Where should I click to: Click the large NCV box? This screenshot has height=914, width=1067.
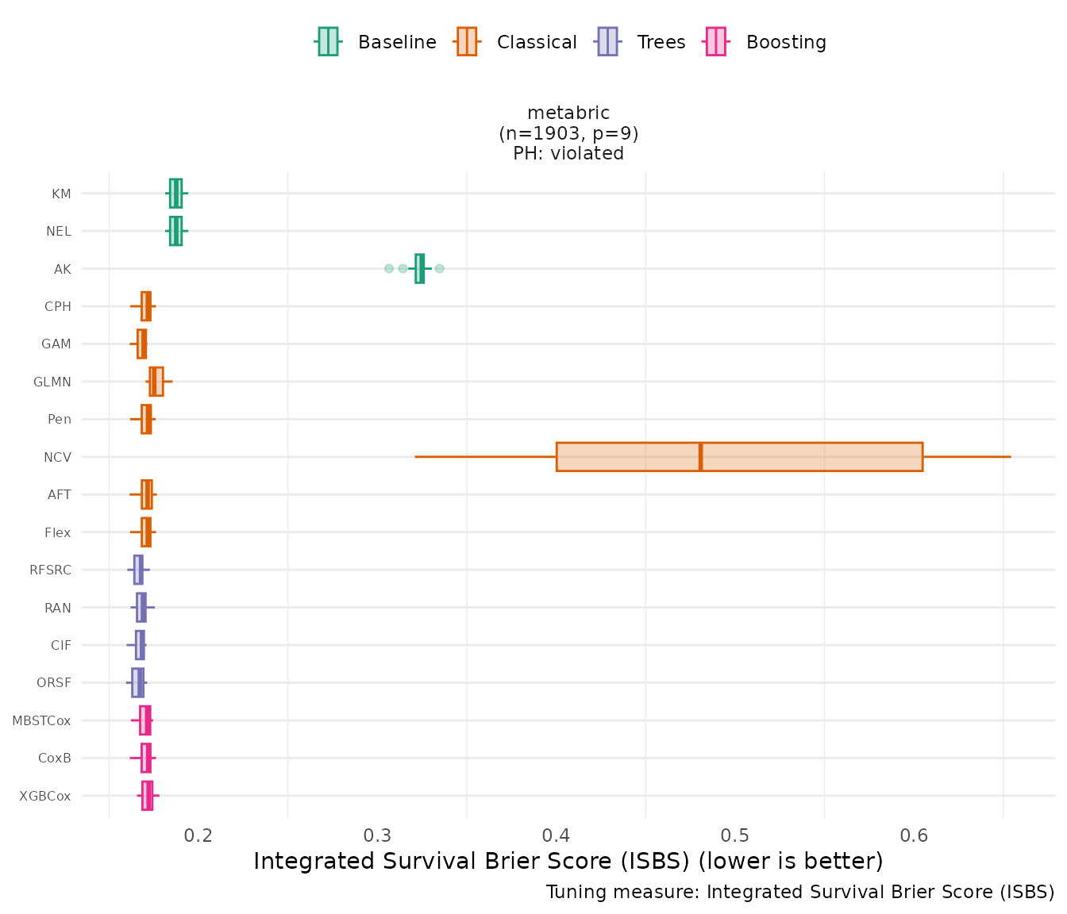738,457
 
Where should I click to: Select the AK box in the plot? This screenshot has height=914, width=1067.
419,268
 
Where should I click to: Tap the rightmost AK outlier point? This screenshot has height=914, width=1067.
439,268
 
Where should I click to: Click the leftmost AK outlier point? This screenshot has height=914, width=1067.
389,268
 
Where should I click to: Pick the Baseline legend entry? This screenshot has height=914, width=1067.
376,42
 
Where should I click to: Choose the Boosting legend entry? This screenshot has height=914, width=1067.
765,42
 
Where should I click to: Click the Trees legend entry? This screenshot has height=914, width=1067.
641,42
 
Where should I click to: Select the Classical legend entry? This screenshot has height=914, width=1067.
515,42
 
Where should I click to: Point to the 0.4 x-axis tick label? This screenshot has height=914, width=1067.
556,835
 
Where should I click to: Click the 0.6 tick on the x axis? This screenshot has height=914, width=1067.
915,835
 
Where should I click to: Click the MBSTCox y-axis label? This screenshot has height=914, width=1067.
41,720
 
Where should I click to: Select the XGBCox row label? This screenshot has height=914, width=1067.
45,796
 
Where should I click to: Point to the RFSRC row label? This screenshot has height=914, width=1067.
50,570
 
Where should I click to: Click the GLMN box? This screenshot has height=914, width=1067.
156,382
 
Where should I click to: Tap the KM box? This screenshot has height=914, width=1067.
175,193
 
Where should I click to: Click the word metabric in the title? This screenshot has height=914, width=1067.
568,113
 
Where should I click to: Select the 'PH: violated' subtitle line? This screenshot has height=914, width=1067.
568,153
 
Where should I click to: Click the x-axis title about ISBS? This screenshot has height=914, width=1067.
568,861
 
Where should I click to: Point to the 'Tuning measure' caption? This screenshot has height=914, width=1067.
800,892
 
